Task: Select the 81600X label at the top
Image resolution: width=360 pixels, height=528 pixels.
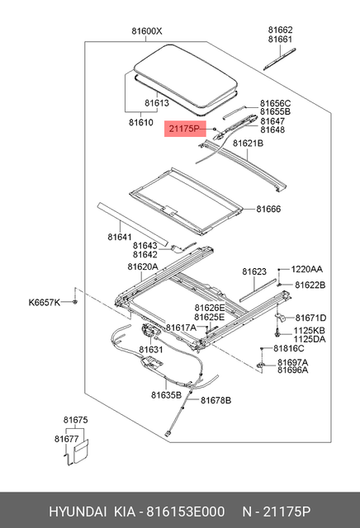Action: tap(146, 32)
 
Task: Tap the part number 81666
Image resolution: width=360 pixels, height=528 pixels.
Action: tap(269, 210)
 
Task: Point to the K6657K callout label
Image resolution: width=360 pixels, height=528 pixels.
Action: tap(45, 303)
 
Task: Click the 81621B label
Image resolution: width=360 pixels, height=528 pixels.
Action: tap(248, 143)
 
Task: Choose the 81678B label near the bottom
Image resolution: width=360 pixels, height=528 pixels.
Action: tap(216, 401)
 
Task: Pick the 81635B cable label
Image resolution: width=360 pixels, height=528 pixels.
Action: tap(166, 394)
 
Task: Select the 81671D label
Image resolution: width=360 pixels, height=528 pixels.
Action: tap(311, 318)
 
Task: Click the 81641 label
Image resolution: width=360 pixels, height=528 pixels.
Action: tap(119, 237)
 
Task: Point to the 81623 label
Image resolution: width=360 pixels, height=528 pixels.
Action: tap(254, 271)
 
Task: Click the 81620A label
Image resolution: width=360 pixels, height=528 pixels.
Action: tap(143, 266)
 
